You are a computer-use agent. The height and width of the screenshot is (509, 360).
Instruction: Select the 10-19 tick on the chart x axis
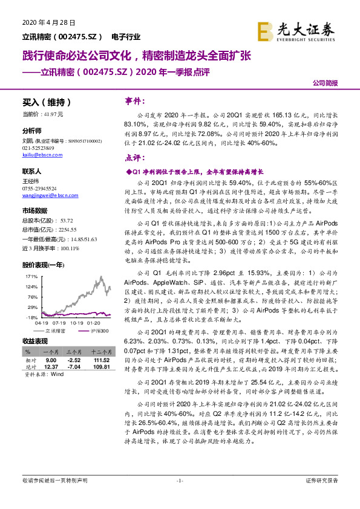point(77,323)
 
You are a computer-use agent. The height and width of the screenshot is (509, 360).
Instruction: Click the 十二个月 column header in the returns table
point(100,351)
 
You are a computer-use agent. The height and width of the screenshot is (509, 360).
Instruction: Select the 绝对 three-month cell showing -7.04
point(73,366)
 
